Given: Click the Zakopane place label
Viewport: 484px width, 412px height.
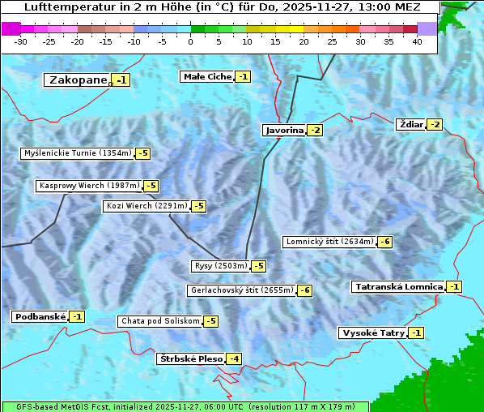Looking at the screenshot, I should (78, 79).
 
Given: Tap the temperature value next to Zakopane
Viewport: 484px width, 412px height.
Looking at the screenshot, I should (121, 79).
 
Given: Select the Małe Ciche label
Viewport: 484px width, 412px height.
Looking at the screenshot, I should (207, 76).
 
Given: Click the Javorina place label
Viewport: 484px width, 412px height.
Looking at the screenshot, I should (284, 130).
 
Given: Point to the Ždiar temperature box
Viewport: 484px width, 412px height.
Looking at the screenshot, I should (435, 124).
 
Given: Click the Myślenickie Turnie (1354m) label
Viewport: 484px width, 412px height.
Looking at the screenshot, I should (77, 152).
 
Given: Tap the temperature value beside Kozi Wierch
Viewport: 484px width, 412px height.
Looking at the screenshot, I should (198, 206).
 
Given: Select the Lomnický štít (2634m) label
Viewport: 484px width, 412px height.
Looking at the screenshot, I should (329, 241).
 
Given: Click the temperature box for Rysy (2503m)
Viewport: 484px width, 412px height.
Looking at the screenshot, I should (259, 266).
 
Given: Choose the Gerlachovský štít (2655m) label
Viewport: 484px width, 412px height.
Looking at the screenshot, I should (241, 290).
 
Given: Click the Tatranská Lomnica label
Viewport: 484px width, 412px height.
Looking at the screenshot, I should (398, 286).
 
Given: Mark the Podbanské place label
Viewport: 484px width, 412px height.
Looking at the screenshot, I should (39, 316).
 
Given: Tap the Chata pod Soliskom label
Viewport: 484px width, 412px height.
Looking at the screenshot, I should (159, 321).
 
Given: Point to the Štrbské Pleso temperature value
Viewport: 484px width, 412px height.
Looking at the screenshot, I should (234, 358).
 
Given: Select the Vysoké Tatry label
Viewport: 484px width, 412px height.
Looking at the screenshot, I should (372, 333).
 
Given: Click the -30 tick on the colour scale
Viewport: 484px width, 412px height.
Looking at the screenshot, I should (21, 41).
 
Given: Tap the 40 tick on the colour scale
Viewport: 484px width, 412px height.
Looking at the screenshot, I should (417, 41).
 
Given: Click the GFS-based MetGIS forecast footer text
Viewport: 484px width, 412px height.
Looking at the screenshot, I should (185, 406).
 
